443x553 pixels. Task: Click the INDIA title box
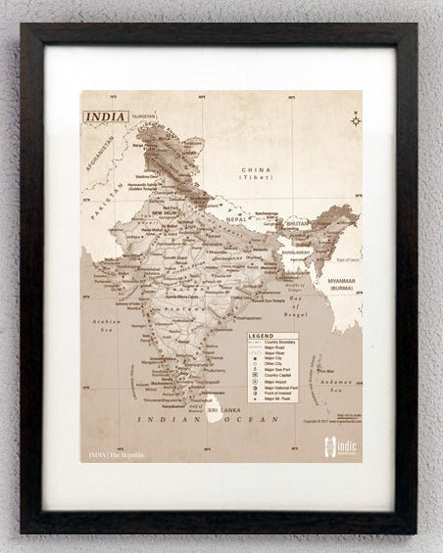tap(105, 116)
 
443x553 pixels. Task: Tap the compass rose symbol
tap(355, 120)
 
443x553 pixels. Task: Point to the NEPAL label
tap(235, 220)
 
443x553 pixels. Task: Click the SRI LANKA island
tap(214, 410)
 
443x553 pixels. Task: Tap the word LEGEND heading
tap(261, 336)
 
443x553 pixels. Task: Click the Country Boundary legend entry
tap(273, 343)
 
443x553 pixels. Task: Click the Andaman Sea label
tap(336, 387)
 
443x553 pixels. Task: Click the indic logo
tap(339, 447)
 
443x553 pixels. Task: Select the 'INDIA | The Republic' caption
tap(117, 455)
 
